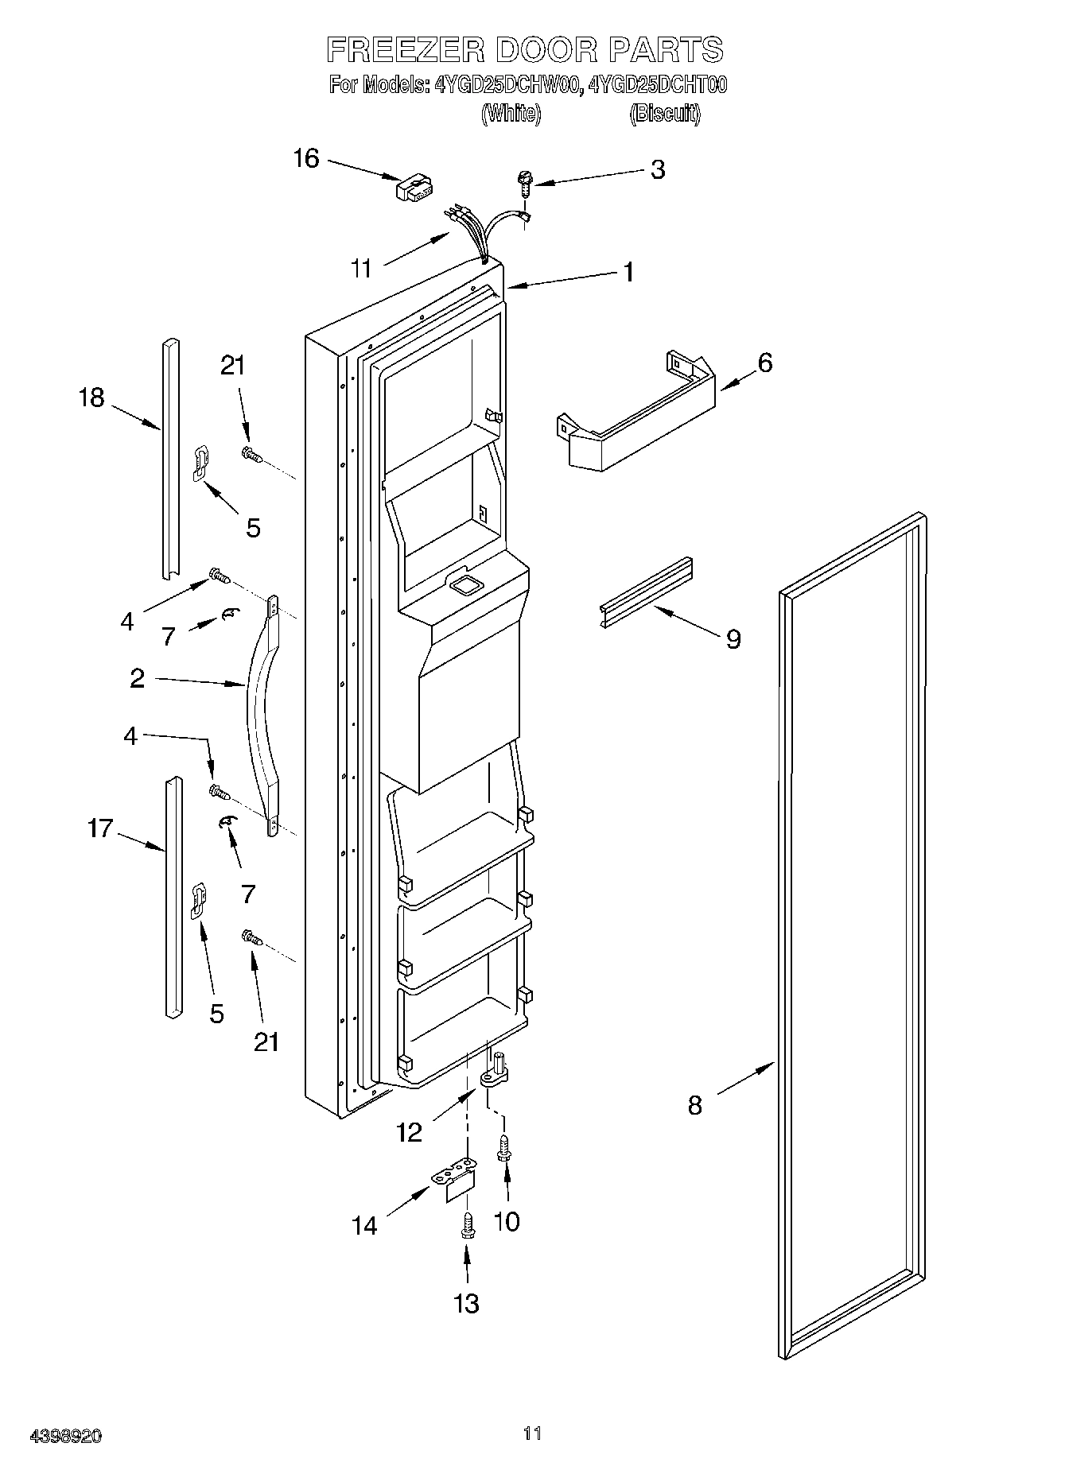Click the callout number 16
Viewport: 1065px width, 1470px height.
tap(306, 159)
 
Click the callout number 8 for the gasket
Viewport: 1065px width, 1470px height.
tap(694, 1105)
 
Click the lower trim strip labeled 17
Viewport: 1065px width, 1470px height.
tap(173, 898)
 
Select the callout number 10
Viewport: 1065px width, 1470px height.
tap(507, 1222)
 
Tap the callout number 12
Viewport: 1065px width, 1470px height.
tap(409, 1132)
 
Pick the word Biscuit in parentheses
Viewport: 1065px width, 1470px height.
tap(664, 114)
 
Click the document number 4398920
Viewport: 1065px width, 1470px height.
tap(66, 1437)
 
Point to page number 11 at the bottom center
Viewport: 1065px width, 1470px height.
tap(532, 1434)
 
